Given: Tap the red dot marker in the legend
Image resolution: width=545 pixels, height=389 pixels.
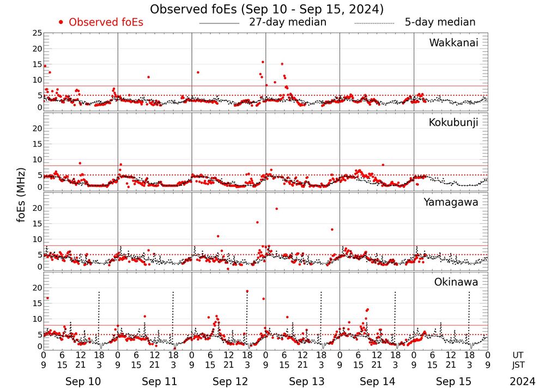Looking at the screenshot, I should pyautogui.click(x=61, y=22).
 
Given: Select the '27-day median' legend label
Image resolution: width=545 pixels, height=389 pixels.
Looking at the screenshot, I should pyautogui.click(x=288, y=22).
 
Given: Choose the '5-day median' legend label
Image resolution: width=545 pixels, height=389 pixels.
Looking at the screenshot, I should pyautogui.click(x=440, y=22).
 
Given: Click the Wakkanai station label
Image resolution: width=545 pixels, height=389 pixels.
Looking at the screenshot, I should pyautogui.click(x=453, y=43).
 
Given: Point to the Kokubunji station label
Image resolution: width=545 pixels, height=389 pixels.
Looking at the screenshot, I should pyautogui.click(x=453, y=123).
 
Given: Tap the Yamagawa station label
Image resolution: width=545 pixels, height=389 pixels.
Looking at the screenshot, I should pyautogui.click(x=451, y=203).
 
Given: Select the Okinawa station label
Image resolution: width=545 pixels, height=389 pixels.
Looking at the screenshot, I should pyautogui.click(x=456, y=282).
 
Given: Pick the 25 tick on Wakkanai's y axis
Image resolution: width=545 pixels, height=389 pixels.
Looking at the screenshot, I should pyautogui.click(x=37, y=34).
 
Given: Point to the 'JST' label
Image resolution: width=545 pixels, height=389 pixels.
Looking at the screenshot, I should pyautogui.click(x=518, y=365).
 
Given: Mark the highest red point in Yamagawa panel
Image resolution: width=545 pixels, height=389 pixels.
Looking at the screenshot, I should pyautogui.click(x=277, y=209).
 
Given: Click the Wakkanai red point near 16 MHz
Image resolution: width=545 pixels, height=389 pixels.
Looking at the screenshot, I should pyautogui.click(x=263, y=62).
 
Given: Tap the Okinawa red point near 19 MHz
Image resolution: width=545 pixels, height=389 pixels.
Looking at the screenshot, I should pyautogui.click(x=247, y=291).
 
